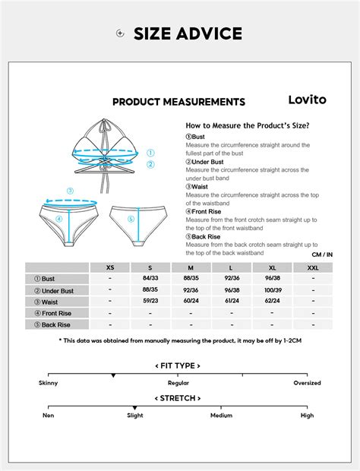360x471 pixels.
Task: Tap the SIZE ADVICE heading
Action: [x=188, y=33]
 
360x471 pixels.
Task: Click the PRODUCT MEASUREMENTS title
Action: [x=178, y=102]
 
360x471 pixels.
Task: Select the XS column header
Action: [x=110, y=267]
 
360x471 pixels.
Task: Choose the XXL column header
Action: [x=313, y=267]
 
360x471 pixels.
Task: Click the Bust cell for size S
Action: [x=150, y=279]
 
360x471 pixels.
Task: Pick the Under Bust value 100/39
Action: [x=273, y=290]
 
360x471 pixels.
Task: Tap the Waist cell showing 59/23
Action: [x=150, y=302]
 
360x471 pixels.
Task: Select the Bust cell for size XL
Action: [x=273, y=279]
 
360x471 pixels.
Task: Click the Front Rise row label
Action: [x=58, y=313]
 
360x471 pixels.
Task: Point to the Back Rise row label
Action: [x=58, y=324]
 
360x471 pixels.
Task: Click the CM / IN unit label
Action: [x=322, y=254]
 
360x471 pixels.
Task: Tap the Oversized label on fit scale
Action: [x=308, y=383]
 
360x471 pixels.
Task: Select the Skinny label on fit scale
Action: [x=48, y=383]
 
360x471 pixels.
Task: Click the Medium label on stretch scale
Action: [x=221, y=416]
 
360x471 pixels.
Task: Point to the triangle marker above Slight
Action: [x=134, y=408]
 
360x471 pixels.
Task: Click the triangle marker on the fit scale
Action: [x=113, y=375]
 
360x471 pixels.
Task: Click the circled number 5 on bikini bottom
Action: [x=131, y=220]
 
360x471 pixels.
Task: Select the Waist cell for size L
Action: [x=231, y=302]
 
